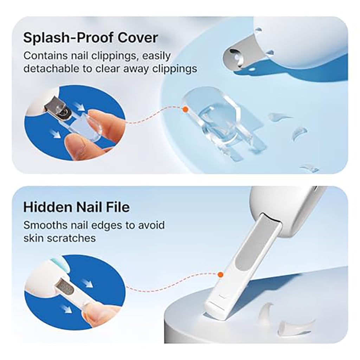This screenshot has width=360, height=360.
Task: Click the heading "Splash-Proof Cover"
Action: (x=90, y=37)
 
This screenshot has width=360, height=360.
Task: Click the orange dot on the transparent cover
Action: (x=186, y=110)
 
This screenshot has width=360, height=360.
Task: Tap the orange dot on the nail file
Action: (x=220, y=275)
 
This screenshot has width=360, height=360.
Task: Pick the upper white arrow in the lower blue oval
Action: (x=88, y=283)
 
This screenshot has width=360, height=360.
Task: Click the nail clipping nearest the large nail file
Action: (x=266, y=311)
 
